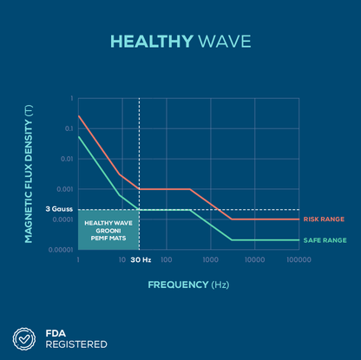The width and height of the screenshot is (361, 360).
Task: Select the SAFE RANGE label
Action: tap(325, 239)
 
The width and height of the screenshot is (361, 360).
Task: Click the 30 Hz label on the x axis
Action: tap(141, 259)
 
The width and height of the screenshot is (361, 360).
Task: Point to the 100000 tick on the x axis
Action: tap(299, 259)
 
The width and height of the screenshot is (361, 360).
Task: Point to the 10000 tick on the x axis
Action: tap(255, 259)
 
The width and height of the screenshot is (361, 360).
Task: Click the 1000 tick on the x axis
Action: tap(211, 259)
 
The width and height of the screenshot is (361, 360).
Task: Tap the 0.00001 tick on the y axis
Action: tap(61, 250)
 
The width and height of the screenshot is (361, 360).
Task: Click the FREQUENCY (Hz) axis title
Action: tap(188, 284)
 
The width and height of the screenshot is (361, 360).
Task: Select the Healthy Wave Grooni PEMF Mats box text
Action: tap(108, 230)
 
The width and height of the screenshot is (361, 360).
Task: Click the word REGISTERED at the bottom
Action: tap(76, 344)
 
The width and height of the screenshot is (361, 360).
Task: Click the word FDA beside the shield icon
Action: tap(56, 331)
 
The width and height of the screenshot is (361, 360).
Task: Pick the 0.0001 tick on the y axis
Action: tap(62, 219)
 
